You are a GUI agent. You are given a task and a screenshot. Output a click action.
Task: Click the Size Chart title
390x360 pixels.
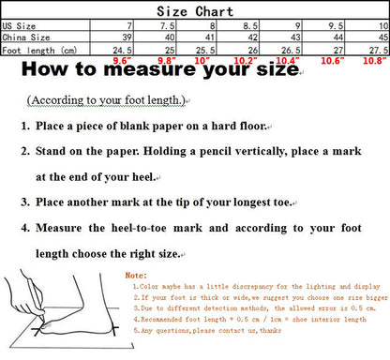click(194, 10)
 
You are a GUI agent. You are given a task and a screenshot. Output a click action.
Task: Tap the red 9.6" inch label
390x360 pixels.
click(120, 61)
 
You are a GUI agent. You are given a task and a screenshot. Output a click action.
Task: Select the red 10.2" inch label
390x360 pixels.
click(245, 61)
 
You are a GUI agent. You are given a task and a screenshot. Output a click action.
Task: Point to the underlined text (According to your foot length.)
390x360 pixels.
click(106, 100)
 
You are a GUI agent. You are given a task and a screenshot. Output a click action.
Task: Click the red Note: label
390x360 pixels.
click(136, 276)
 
